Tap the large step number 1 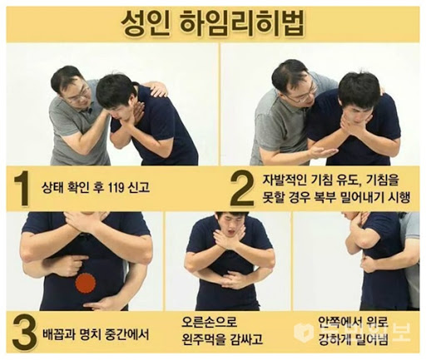(x=22, y=189)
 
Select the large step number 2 (x=242, y=189)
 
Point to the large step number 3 (x=24, y=333)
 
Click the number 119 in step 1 (x=116, y=188)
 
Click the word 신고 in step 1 (x=139, y=188)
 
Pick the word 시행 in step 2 (x=399, y=197)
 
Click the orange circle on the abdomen (x=86, y=284)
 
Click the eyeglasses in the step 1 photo (x=81, y=95)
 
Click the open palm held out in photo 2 (x=323, y=150)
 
